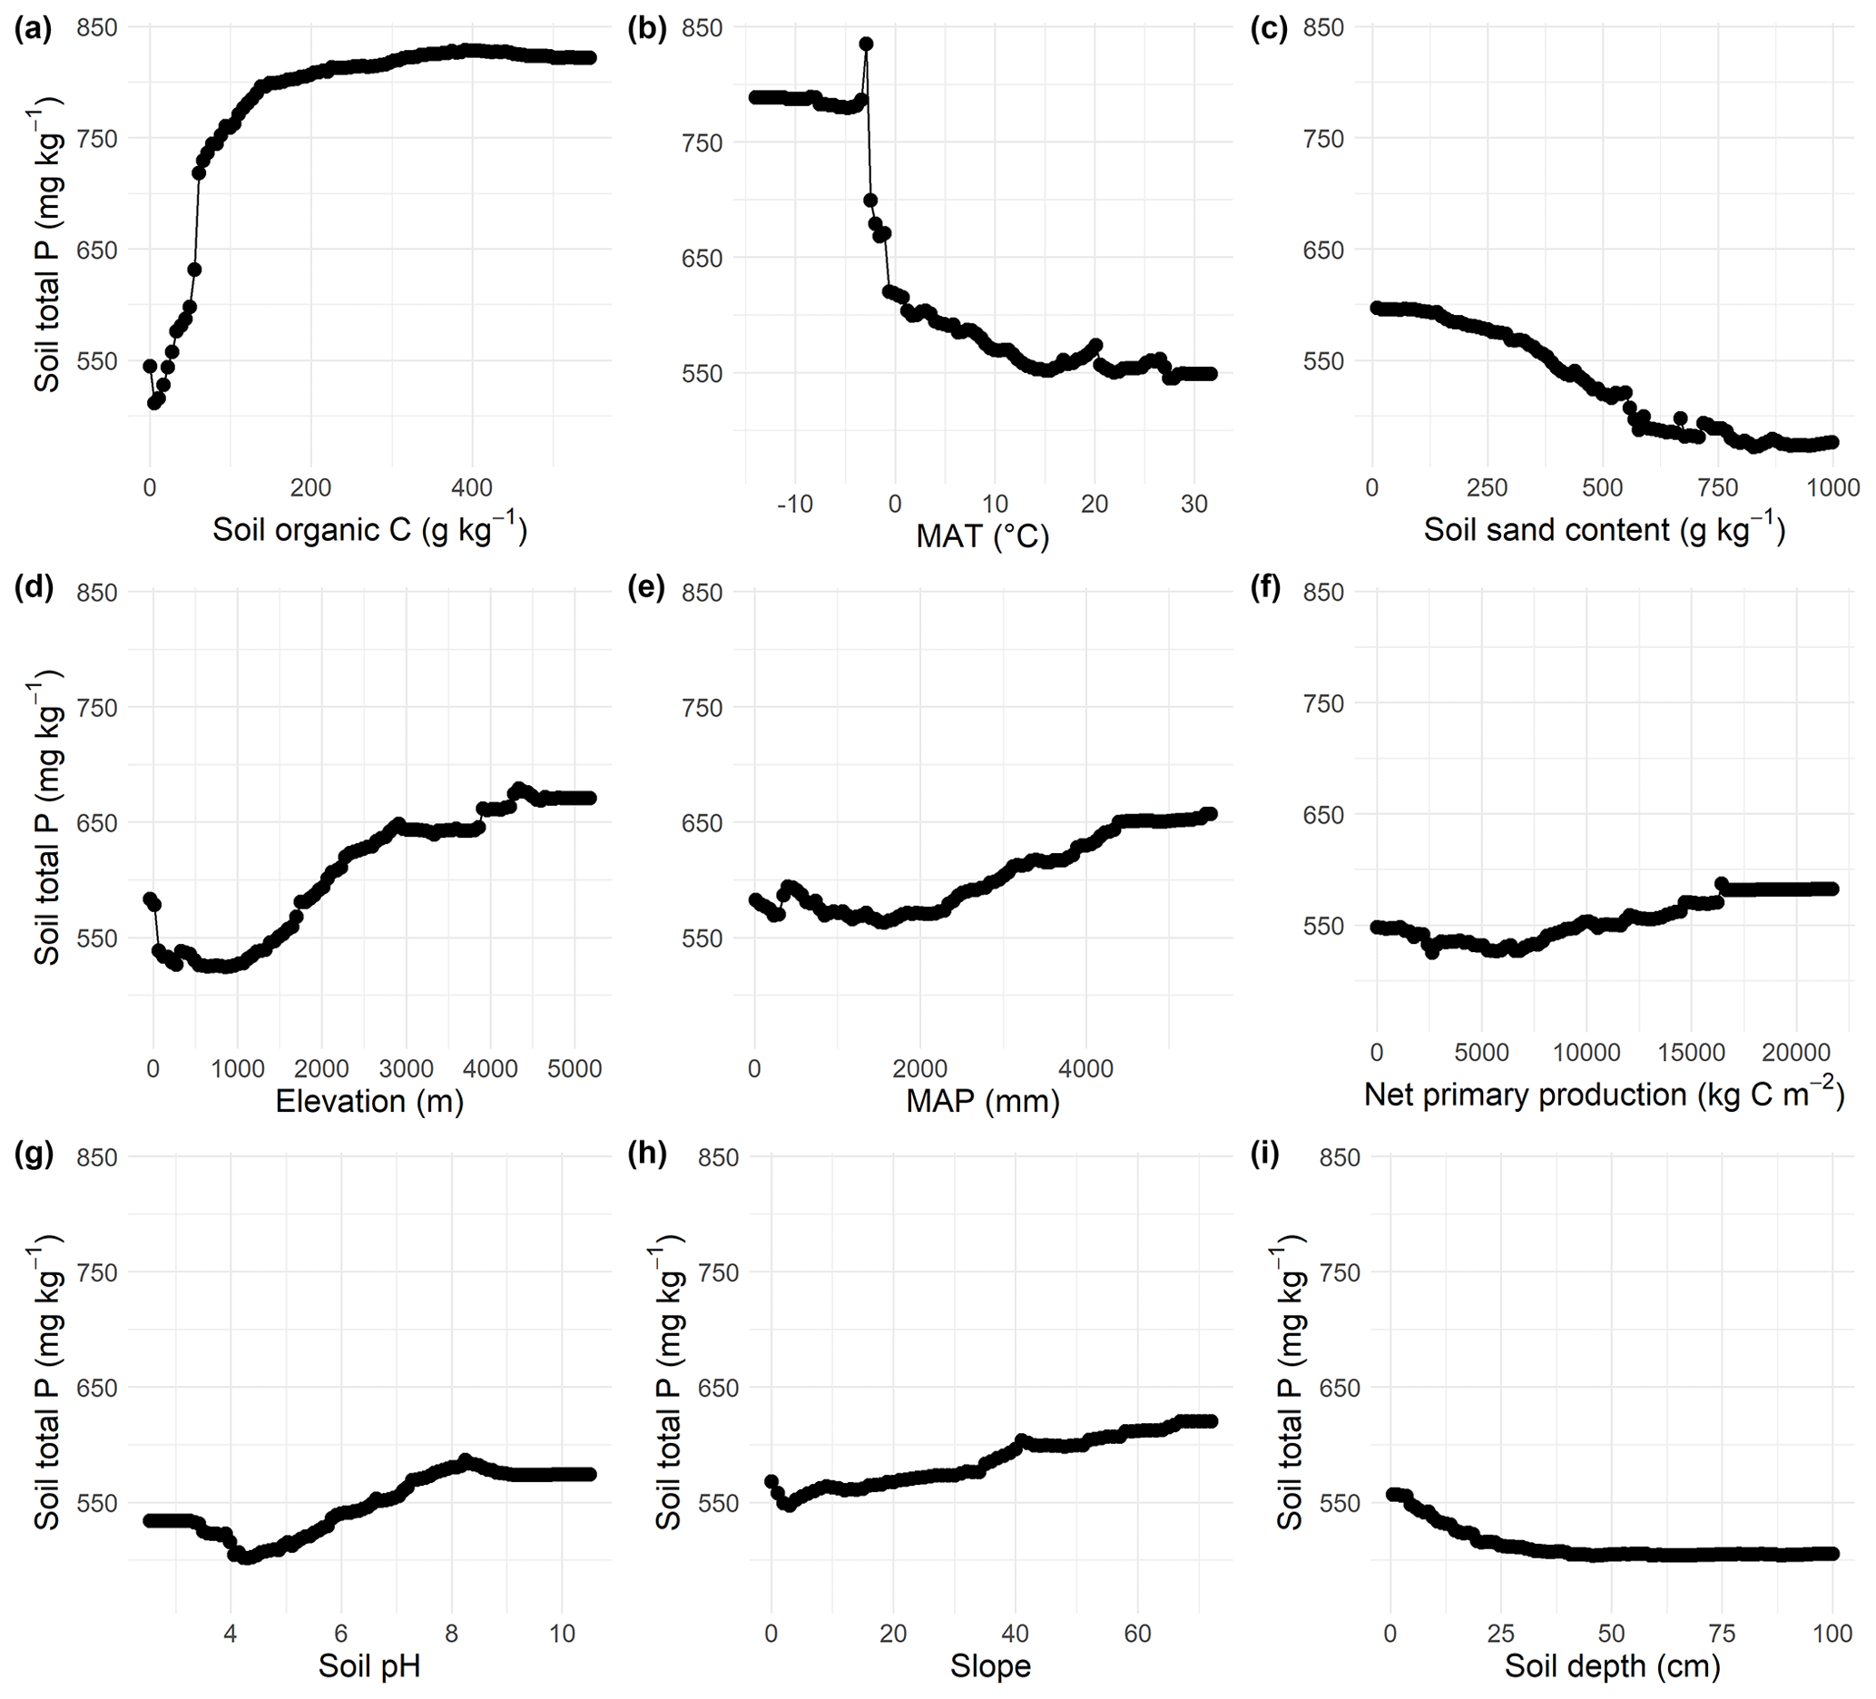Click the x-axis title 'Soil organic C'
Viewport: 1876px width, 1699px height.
pyautogui.click(x=369, y=529)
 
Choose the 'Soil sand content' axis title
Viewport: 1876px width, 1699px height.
pyautogui.click(x=1605, y=529)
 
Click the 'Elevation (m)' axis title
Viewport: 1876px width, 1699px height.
pyautogui.click(x=369, y=1101)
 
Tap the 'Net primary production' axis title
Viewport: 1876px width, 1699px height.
pyautogui.click(x=1605, y=1095)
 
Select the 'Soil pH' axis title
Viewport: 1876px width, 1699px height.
pyautogui.click(x=369, y=1665)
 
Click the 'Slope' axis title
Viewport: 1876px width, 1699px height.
pyautogui.click(x=990, y=1665)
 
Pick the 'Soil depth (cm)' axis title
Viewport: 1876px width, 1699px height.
pyautogui.click(x=1613, y=1665)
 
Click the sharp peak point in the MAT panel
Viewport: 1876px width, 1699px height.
pyautogui.click(x=867, y=44)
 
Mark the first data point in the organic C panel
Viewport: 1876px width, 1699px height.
pyautogui.click(x=150, y=366)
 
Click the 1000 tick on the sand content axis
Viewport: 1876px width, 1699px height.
pyautogui.click(x=1832, y=487)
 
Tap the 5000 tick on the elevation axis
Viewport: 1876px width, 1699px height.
pyautogui.click(x=575, y=1069)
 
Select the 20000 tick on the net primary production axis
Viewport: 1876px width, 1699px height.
pyautogui.click(x=1797, y=1052)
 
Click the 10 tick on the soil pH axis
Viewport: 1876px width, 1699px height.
pyautogui.click(x=562, y=1634)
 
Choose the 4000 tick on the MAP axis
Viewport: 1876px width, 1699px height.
pyautogui.click(x=1086, y=1069)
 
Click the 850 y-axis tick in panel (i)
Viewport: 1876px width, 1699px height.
pyautogui.click(x=1340, y=1157)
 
